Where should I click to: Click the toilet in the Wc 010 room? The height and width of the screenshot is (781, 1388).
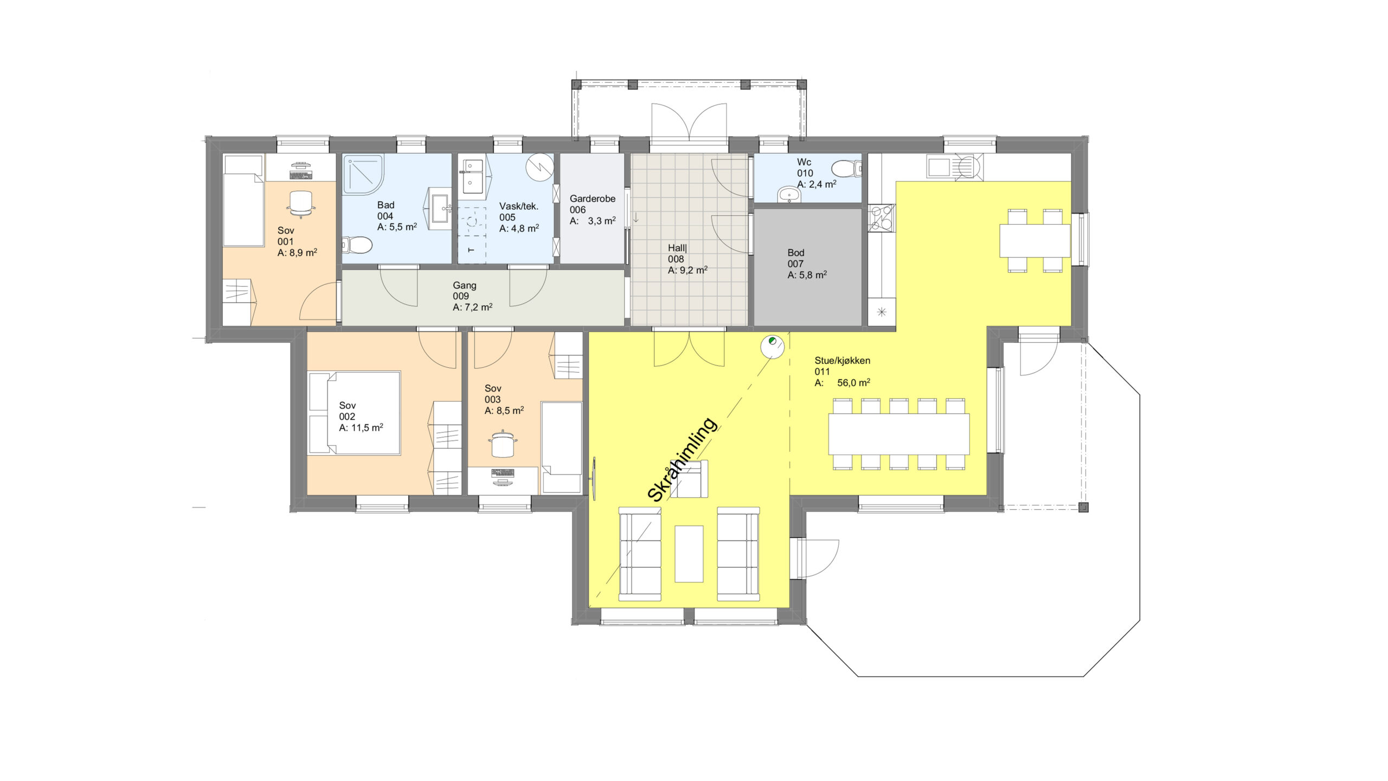(846, 169)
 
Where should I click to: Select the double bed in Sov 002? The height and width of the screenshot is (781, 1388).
(354, 413)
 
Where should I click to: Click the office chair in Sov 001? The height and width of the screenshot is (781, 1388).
(301, 203)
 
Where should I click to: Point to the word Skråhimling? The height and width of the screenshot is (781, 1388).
(682, 460)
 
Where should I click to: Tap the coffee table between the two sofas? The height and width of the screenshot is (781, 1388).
(689, 553)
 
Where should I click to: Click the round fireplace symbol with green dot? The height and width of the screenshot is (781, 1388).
(772, 345)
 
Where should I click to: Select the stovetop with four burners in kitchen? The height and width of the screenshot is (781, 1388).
(881, 218)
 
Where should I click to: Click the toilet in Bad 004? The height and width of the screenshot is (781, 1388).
(357, 246)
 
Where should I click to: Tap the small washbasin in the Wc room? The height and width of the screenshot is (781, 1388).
(789, 194)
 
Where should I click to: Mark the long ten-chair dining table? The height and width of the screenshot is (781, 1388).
(898, 434)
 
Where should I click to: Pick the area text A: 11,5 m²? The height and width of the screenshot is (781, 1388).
(361, 427)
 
